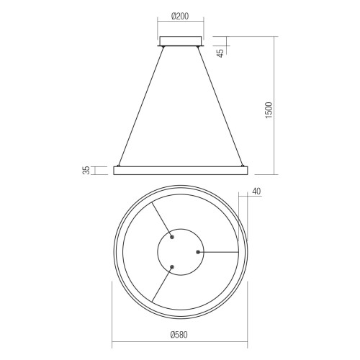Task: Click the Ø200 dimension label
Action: (180, 17)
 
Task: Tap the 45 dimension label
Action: (220, 53)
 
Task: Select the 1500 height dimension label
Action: (269, 110)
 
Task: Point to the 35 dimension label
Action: (86, 170)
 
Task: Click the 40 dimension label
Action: (256, 192)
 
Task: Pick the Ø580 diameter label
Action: (179, 335)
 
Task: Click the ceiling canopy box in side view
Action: (180, 41)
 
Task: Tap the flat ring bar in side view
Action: (180, 170)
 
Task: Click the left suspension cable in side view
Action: (141, 107)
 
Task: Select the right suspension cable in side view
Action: (220, 107)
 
